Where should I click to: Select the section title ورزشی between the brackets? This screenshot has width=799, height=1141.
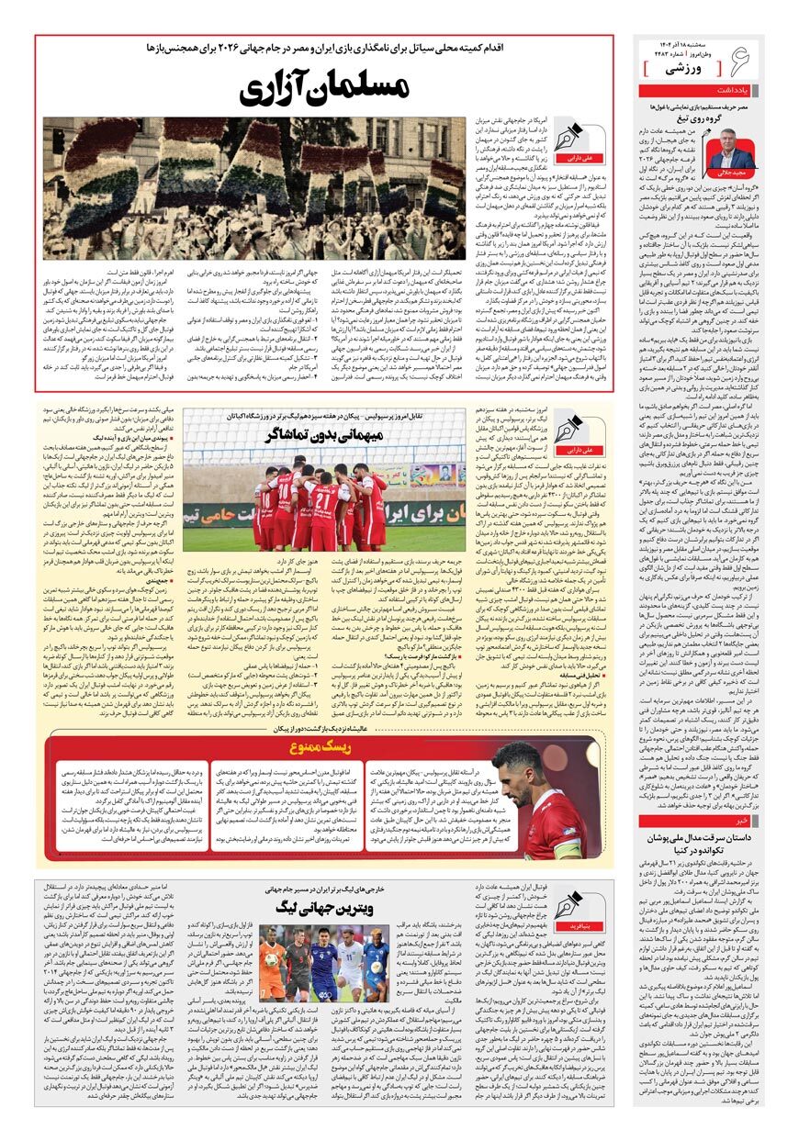(x=687, y=68)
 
